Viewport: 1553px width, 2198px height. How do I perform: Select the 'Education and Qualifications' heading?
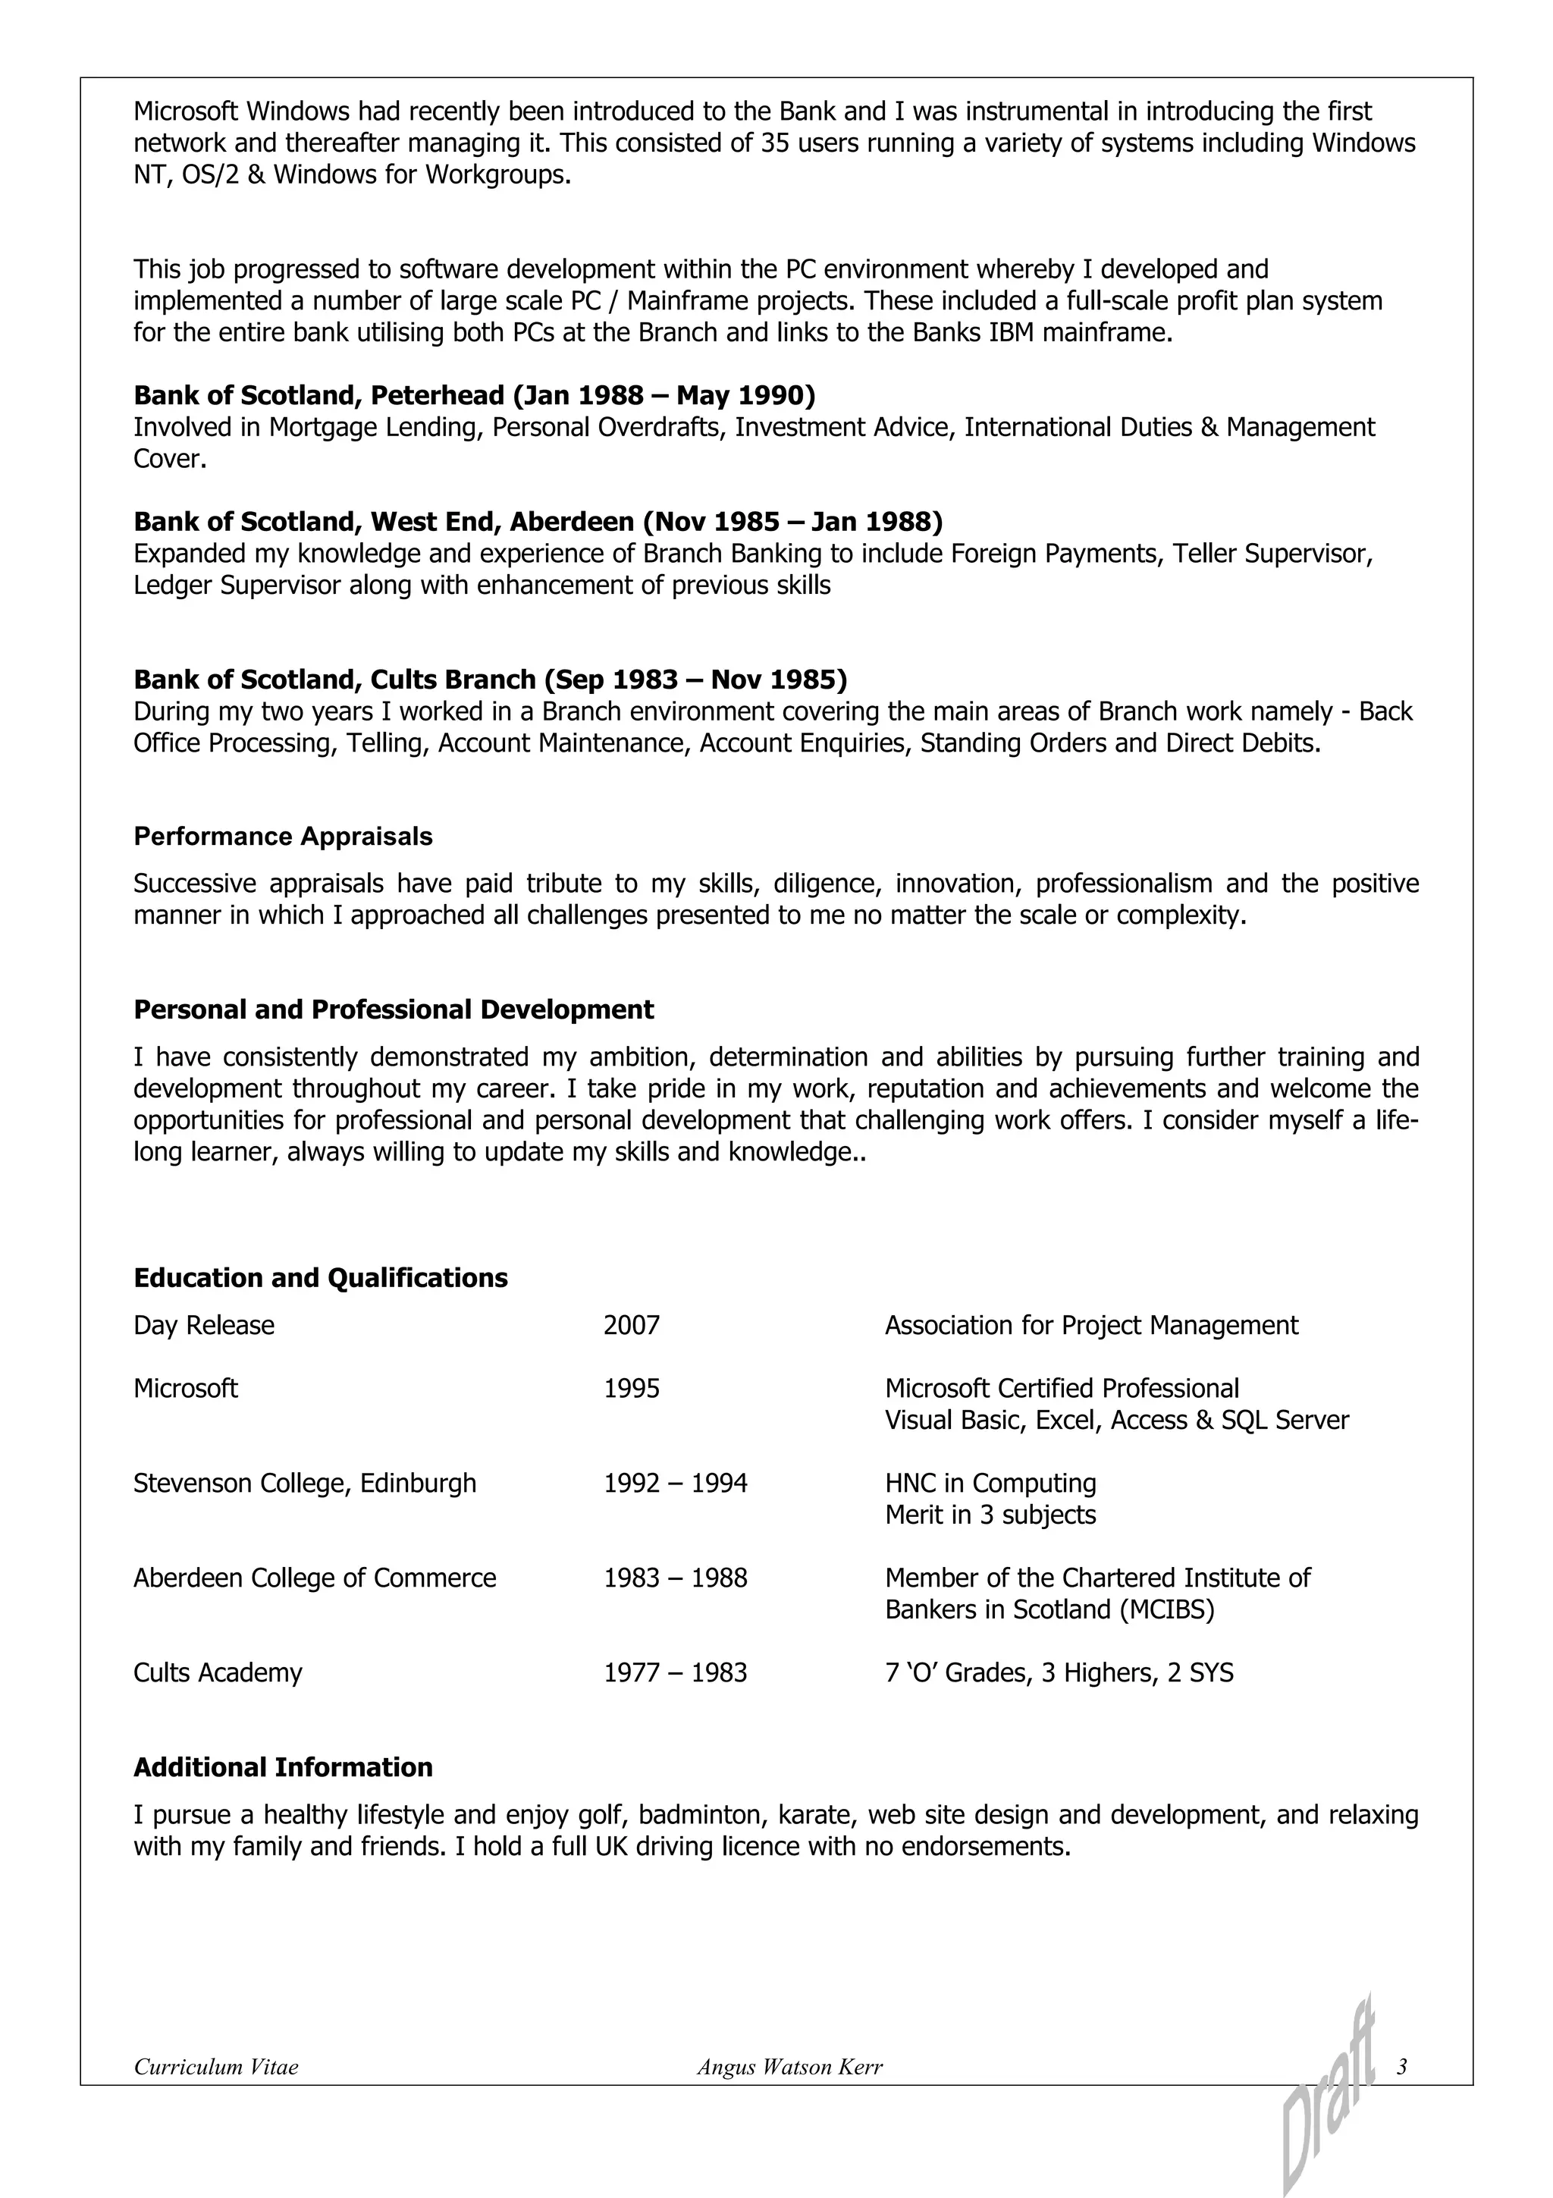point(321,1278)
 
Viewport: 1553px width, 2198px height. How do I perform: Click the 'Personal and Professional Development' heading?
point(394,1010)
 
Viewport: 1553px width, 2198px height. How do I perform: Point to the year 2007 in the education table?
point(632,1326)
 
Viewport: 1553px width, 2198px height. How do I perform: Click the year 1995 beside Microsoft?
point(632,1389)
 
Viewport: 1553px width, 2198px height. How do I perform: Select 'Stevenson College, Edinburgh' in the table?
point(304,1484)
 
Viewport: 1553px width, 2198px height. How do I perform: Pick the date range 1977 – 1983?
point(675,1673)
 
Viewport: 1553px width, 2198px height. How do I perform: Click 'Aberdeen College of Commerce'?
point(315,1578)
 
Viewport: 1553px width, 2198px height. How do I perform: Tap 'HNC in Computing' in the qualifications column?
point(990,1484)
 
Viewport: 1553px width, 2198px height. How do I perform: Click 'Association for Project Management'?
point(1091,1326)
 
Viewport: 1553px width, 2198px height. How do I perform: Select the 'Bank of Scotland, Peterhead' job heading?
point(474,395)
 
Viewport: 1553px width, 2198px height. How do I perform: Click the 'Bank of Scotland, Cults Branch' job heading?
point(490,680)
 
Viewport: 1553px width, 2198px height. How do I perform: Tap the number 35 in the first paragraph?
point(774,143)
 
